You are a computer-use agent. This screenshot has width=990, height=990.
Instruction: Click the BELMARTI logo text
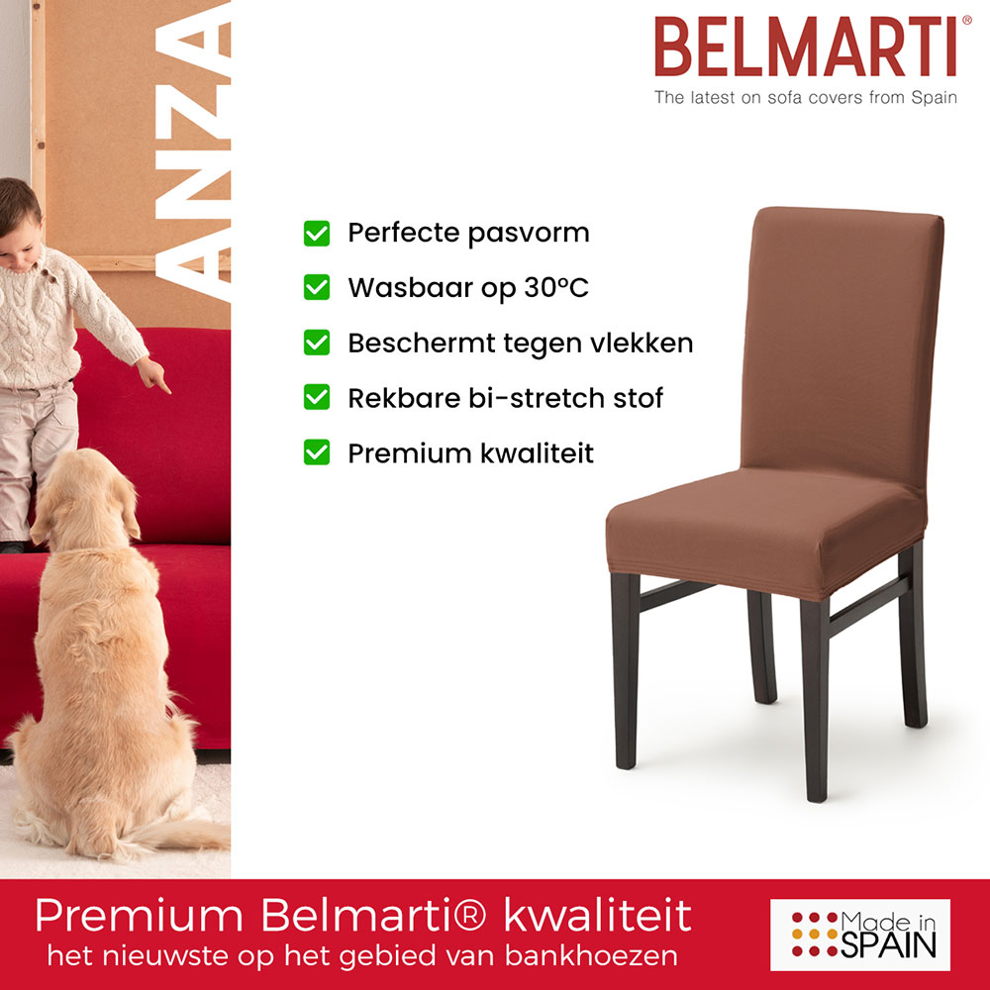point(805,48)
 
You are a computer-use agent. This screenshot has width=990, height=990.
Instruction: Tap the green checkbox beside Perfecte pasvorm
point(316,234)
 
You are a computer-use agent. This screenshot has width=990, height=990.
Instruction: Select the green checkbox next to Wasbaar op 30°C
point(316,288)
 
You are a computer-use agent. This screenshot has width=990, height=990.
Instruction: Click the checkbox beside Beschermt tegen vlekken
point(316,344)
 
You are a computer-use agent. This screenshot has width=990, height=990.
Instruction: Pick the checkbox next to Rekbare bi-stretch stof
point(316,398)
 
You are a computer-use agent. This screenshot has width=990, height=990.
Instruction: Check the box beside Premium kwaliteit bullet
point(316,453)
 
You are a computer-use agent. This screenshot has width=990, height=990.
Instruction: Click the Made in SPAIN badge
point(859,934)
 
